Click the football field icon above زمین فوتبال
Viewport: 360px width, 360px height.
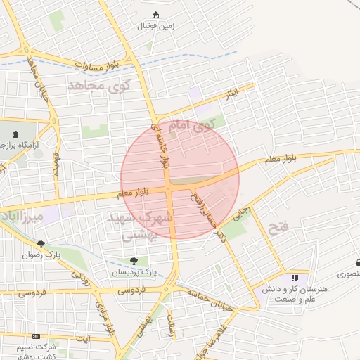(156, 15)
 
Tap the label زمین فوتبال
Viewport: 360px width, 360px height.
(156, 27)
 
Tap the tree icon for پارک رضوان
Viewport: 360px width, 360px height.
(41, 244)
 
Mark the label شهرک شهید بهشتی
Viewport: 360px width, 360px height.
(139, 226)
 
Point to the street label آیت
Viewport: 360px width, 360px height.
(84, 339)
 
